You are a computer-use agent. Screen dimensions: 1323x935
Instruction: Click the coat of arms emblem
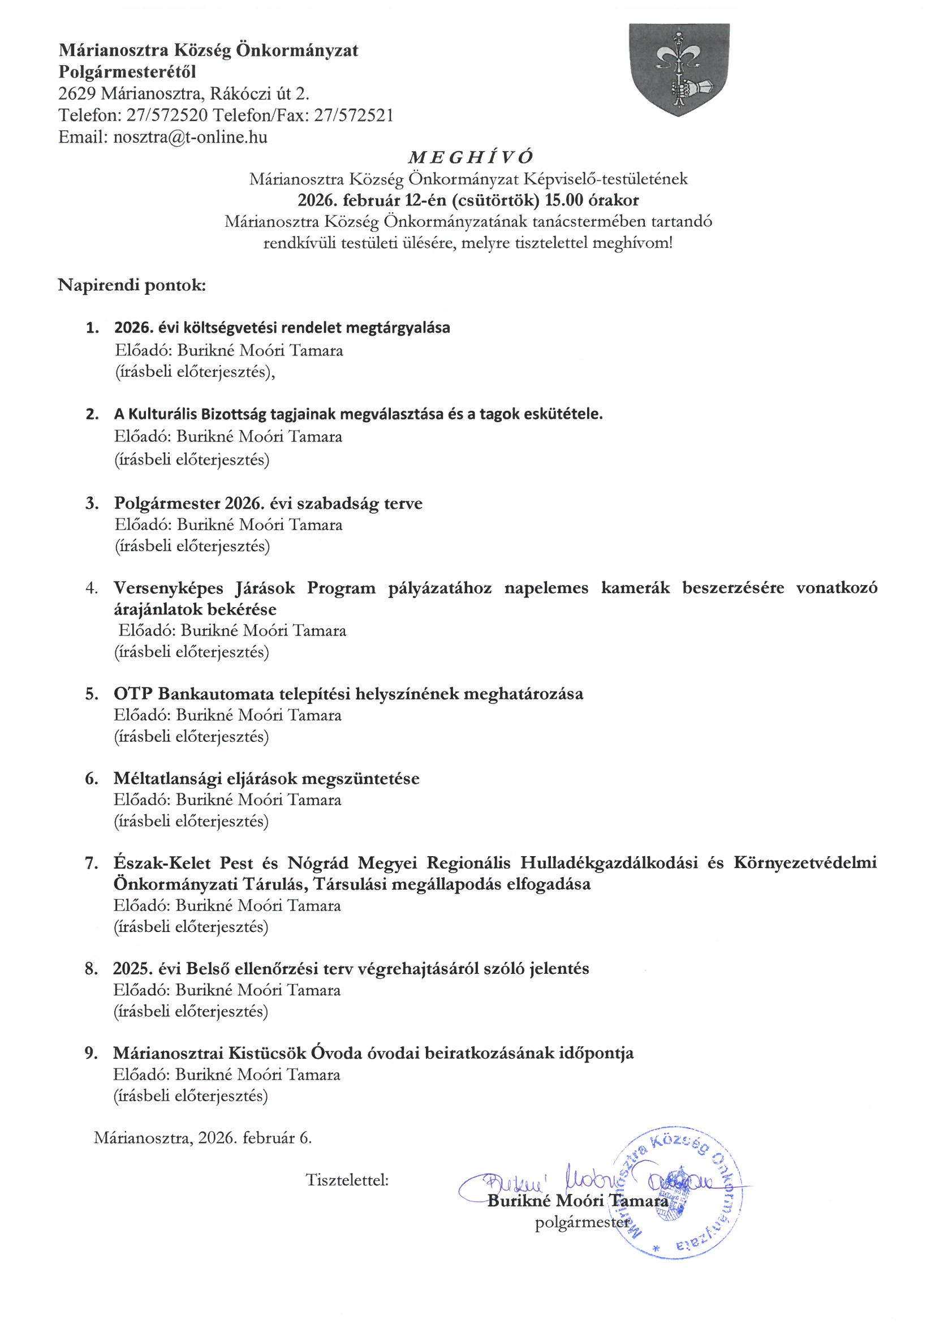679,69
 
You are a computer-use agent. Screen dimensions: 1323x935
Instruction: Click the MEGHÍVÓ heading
470,157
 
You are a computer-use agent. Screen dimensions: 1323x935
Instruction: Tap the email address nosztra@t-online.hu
190,137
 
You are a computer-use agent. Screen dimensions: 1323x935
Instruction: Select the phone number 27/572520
167,115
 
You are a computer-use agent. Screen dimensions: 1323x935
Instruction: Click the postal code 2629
77,93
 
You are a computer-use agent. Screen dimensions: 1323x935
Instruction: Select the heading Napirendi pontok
131,285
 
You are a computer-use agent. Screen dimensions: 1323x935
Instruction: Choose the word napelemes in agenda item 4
546,589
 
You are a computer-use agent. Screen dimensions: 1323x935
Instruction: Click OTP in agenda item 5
132,694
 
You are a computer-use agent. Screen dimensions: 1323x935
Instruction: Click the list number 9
91,1053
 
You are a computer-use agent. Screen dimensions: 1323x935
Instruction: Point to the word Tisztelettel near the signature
347,1180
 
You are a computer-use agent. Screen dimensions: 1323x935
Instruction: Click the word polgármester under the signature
582,1223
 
